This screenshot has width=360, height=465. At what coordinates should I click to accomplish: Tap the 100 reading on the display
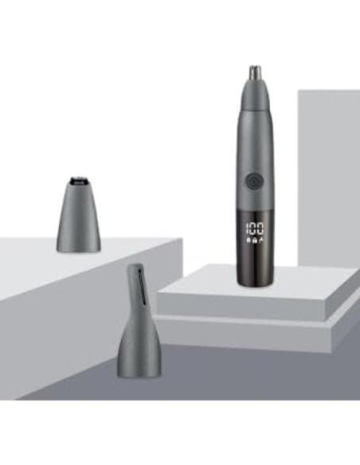tap(255, 229)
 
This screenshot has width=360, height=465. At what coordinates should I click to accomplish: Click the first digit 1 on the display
tap(247, 229)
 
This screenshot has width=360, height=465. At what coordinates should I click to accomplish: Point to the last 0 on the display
tap(260, 229)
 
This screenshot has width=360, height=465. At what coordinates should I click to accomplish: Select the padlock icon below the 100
tap(255, 240)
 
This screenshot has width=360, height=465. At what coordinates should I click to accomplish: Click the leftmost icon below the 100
tap(248, 240)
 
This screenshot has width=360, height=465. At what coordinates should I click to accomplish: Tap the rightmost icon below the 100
tap(261, 240)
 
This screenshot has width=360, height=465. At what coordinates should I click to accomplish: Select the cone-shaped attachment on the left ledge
tap(79, 214)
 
